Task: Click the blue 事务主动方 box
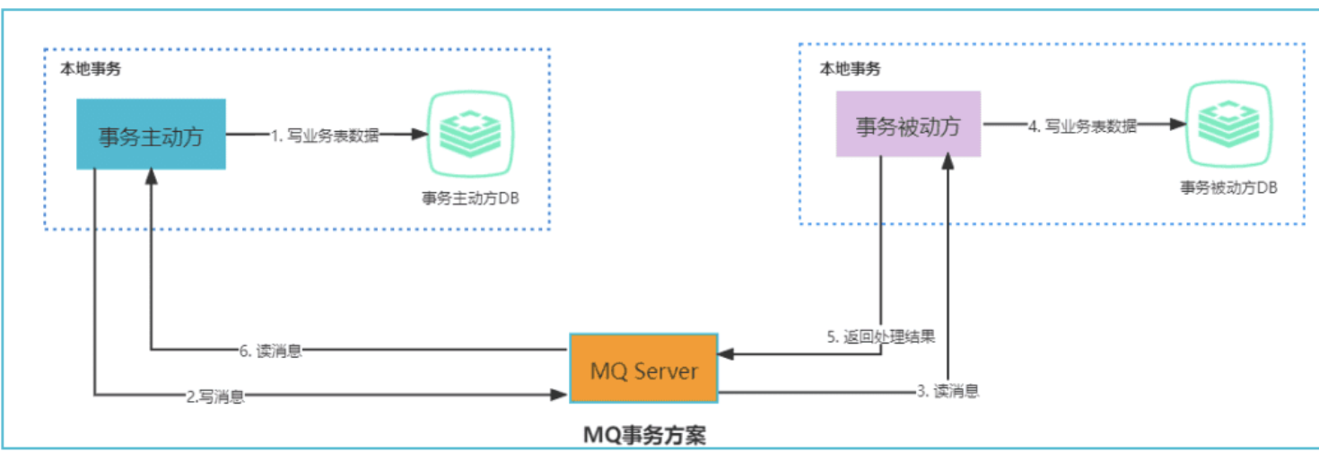point(150,135)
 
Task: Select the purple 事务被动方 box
point(908,124)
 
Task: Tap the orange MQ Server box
point(643,369)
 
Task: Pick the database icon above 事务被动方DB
point(1227,126)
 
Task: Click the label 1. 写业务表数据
point(325,136)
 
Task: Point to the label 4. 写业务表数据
point(1082,126)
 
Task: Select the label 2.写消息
point(215,396)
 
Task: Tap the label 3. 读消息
point(944,390)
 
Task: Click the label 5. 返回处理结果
point(880,337)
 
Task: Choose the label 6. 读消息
point(271,351)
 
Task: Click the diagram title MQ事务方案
point(644,436)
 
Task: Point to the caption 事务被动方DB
point(1228,187)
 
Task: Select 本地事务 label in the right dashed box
point(849,68)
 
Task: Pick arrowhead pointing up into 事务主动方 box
point(151,177)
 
